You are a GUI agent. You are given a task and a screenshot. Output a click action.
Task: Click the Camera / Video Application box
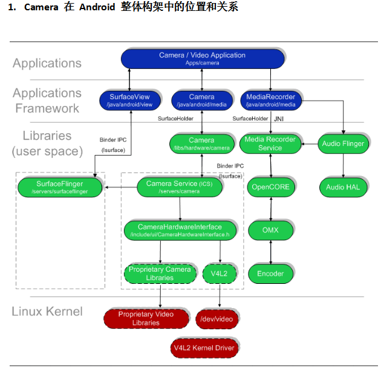[202, 58]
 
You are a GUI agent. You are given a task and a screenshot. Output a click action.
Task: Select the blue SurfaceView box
[129, 100]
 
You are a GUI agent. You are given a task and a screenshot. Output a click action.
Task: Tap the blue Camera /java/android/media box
[201, 100]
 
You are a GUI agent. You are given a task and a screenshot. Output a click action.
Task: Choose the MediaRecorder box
[271, 100]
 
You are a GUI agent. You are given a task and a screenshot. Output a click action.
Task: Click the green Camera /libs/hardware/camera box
[201, 143]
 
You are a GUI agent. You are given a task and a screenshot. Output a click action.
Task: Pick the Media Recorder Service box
[270, 143]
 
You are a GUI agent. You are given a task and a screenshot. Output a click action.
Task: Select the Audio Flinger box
[343, 143]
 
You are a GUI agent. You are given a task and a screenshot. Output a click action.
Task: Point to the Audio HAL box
[343, 187]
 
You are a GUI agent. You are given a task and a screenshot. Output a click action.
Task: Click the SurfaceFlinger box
[59, 187]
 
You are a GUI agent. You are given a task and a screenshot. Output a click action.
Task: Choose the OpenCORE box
[270, 187]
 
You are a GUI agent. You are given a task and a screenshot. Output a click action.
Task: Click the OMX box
[270, 231]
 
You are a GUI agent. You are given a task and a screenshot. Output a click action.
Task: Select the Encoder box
[270, 274]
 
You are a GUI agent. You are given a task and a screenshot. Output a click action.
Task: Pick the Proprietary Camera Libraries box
[160, 274]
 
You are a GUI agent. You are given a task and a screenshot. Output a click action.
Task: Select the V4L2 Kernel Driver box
[203, 348]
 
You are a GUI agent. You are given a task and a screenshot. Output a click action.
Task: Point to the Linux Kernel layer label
[47, 312]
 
